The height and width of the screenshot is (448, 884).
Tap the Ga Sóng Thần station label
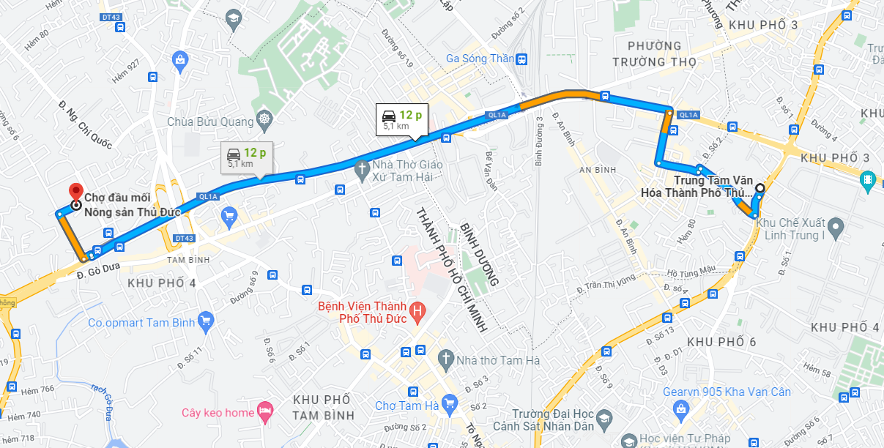click(480, 59)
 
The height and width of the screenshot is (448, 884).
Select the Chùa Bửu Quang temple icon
click(264, 121)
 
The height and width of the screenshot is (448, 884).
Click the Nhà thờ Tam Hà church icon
click(445, 359)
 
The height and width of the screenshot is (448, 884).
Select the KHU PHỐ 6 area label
click(721, 342)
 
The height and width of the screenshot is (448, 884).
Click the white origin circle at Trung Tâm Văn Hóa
click(759, 188)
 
